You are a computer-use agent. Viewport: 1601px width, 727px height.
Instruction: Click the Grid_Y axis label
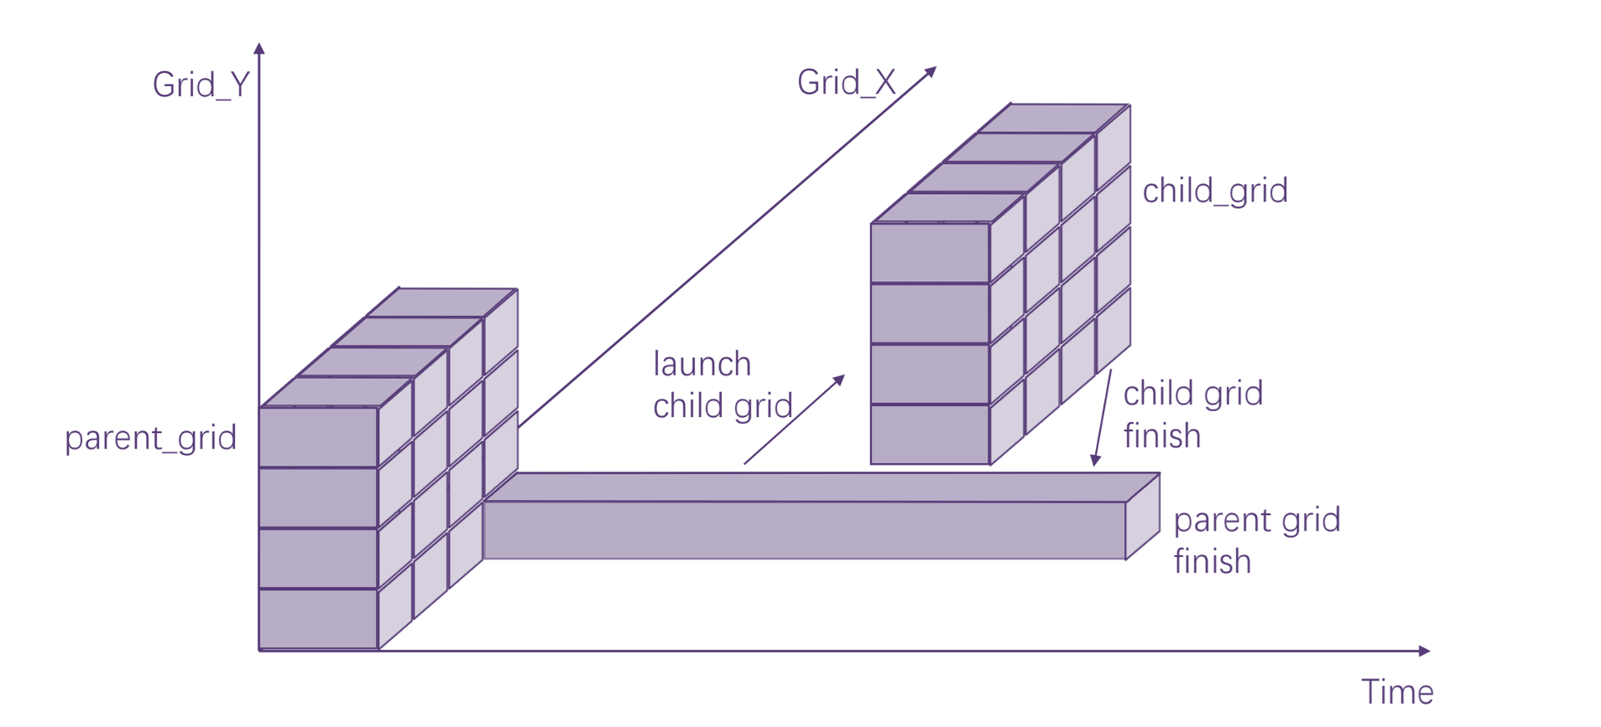click(x=201, y=85)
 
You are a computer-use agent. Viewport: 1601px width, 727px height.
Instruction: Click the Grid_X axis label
click(x=846, y=83)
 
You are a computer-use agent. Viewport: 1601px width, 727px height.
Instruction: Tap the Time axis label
click(x=1397, y=692)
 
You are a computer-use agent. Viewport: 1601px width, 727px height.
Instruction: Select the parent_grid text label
click(x=150, y=438)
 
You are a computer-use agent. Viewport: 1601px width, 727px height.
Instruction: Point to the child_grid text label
click(x=1214, y=191)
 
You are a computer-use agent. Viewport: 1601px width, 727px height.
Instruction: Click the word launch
click(x=702, y=364)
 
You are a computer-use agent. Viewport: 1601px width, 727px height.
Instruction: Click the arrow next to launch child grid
click(x=794, y=419)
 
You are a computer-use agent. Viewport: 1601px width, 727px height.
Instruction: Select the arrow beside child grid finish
click(x=1102, y=418)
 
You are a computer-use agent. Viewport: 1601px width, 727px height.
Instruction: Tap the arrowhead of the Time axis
click(x=1423, y=651)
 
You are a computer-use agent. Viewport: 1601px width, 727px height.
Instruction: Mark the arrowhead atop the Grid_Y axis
click(x=259, y=49)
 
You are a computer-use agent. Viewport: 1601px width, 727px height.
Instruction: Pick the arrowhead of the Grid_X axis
click(x=931, y=72)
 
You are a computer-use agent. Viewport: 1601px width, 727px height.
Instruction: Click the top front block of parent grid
click(x=319, y=437)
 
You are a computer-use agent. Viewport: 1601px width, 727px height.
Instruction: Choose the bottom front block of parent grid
click(x=319, y=618)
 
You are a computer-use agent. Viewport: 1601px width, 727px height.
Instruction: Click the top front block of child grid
click(x=930, y=253)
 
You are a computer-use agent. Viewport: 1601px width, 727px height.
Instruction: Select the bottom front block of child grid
click(x=930, y=434)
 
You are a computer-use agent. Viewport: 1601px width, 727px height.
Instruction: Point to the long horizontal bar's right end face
click(x=1142, y=516)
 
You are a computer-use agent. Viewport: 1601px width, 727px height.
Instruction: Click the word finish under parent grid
click(x=1211, y=562)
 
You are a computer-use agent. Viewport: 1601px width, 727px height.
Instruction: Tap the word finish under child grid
click(x=1161, y=436)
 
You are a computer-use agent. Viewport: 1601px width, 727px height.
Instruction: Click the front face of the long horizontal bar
click(x=804, y=531)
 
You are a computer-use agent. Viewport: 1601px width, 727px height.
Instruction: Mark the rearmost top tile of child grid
click(x=1054, y=118)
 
